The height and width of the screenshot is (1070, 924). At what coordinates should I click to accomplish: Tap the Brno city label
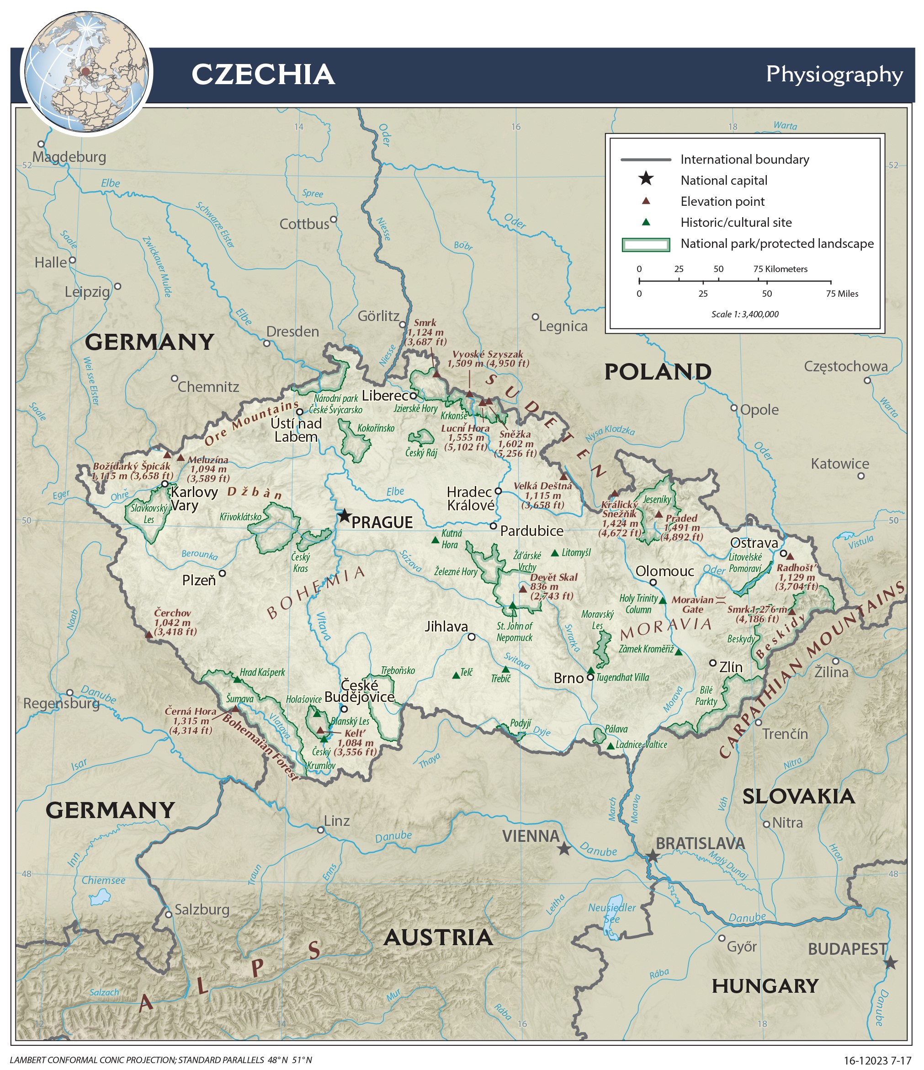tap(568, 678)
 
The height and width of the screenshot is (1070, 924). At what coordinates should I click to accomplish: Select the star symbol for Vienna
tap(564, 849)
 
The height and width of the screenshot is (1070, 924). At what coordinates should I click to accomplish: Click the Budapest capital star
tap(891, 963)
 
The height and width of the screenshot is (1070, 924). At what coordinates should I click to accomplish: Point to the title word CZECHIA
tap(263, 75)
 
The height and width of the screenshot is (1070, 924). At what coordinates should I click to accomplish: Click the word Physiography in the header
tap(834, 75)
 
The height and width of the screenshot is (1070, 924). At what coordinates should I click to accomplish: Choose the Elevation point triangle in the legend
tap(645, 201)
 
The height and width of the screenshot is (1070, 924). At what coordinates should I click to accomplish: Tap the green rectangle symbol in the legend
tap(645, 244)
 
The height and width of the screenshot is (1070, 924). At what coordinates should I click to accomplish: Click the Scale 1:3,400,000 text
tap(744, 314)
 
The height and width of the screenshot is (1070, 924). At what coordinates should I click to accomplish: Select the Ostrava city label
tap(754, 543)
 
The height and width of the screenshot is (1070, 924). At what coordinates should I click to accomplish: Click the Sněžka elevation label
tap(515, 434)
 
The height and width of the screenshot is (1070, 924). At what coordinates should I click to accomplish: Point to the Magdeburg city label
tap(69, 157)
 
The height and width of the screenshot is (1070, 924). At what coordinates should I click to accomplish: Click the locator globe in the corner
tap(86, 72)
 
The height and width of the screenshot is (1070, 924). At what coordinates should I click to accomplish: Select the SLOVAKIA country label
tap(798, 796)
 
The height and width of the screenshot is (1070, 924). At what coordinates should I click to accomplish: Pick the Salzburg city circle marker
tap(168, 915)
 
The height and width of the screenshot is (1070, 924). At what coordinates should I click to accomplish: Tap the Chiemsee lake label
tap(103, 880)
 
